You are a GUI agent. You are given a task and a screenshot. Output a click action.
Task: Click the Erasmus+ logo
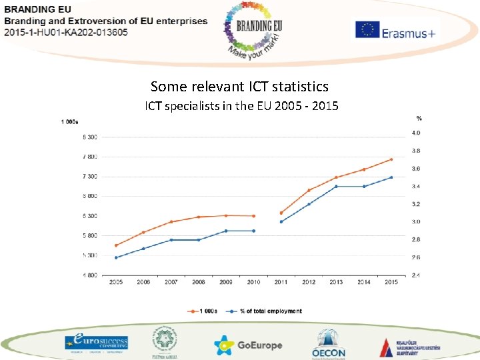pyautogui.click(x=395, y=30)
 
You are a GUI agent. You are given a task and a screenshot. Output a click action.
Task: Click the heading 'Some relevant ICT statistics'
pyautogui.click(x=239, y=87)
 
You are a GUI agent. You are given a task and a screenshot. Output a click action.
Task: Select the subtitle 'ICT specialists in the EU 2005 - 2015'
pyautogui.click(x=242, y=106)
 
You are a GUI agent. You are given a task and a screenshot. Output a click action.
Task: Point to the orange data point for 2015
pyautogui.click(x=391, y=159)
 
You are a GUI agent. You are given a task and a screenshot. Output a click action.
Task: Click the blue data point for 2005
pyautogui.click(x=116, y=257)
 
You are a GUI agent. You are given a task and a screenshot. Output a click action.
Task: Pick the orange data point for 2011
pyautogui.click(x=281, y=213)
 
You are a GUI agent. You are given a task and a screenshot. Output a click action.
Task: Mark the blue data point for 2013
pyautogui.click(x=336, y=186)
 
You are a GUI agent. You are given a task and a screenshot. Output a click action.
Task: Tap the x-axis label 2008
pyautogui.click(x=199, y=282)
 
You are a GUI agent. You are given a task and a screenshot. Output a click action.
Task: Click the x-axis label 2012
pyautogui.click(x=309, y=282)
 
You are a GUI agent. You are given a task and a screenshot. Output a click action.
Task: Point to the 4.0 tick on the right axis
pyautogui.click(x=415, y=133)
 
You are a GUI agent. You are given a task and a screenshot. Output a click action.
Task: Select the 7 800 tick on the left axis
pyautogui.click(x=89, y=157)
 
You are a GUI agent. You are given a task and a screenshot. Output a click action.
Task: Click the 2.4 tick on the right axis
pyautogui.click(x=415, y=275)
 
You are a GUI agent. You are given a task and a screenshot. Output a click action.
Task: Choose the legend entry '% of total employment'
pyautogui.click(x=267, y=311)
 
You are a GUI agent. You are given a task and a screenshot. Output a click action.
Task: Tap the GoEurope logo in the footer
pyautogui.click(x=248, y=345)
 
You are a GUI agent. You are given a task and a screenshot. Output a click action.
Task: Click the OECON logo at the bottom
pyautogui.click(x=329, y=343)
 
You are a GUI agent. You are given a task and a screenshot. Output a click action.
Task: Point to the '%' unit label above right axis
pyautogui.click(x=419, y=119)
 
